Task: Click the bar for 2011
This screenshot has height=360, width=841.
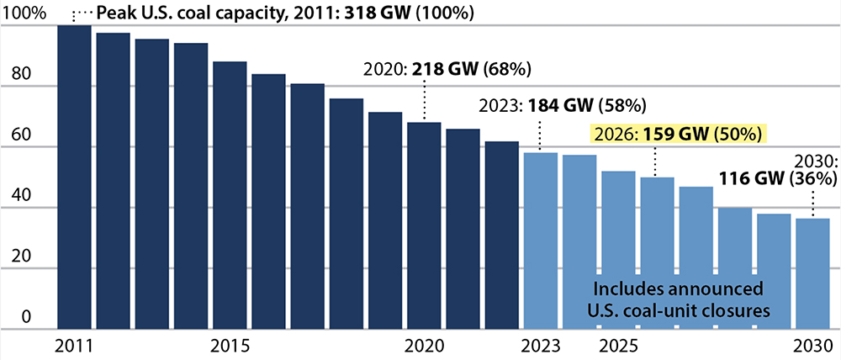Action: point(74,177)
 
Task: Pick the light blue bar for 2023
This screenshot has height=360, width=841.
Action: point(540,241)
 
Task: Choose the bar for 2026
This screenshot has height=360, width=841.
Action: point(657,252)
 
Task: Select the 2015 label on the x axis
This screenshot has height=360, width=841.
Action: point(230,346)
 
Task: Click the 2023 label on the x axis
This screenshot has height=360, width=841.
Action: point(540,346)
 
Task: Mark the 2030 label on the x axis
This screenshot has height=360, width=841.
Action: point(812,346)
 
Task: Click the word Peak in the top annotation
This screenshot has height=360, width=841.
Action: point(114,14)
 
